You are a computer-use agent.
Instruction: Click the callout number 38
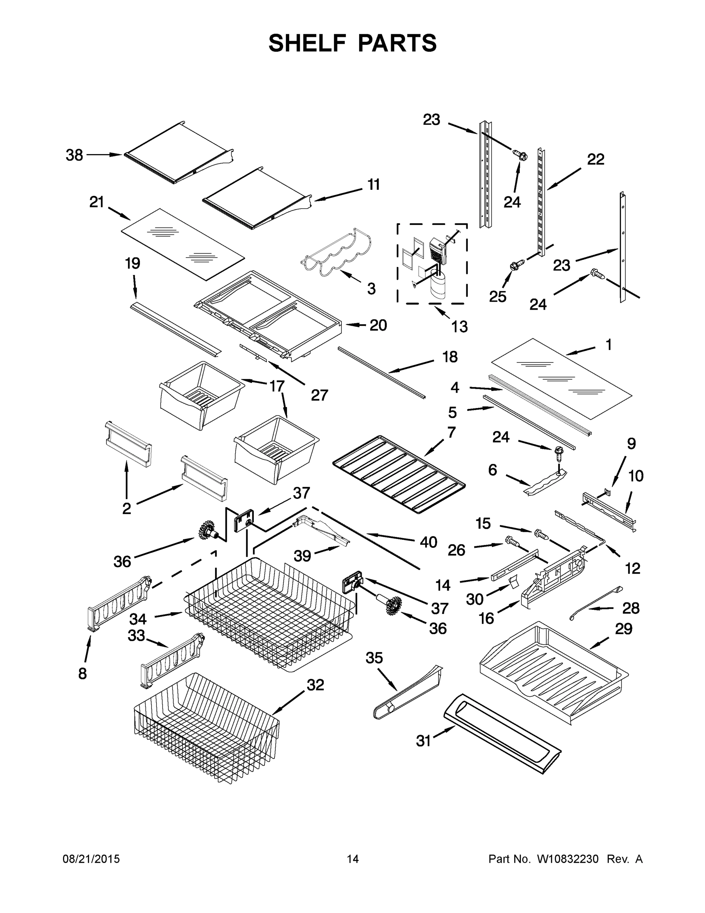(74, 155)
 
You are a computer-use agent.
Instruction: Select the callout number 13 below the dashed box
(459, 326)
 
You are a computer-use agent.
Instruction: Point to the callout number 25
(497, 296)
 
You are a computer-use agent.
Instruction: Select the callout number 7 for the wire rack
(452, 432)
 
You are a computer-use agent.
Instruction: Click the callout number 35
(374, 658)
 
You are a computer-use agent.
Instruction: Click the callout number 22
(596, 159)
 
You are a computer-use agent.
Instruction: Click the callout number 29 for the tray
(624, 628)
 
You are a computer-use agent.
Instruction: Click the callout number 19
(132, 263)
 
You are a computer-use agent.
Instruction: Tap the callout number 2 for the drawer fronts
(127, 508)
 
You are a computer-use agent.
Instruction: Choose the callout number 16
(486, 618)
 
